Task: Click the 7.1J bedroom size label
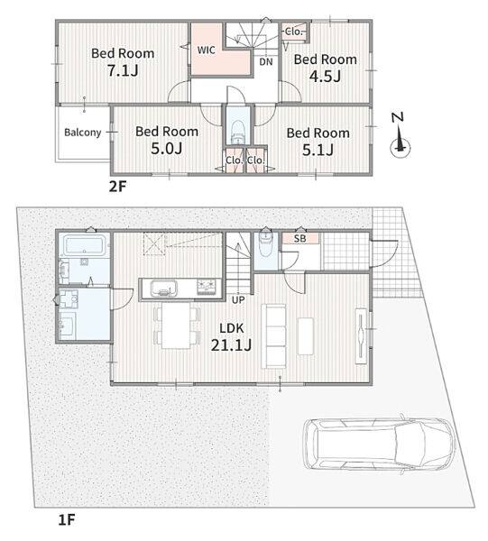[123, 70]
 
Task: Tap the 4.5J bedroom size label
[325, 77]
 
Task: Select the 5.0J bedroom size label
[167, 149]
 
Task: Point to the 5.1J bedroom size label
[318, 150]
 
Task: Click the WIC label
[207, 50]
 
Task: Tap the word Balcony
[83, 133]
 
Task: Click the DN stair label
[266, 62]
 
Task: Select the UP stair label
[238, 300]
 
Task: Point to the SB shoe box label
[299, 238]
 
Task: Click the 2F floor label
[117, 187]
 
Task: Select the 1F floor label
[67, 519]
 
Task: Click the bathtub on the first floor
[84, 245]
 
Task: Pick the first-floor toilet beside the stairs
[265, 244]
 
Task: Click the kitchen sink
[164, 289]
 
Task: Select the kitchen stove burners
[207, 288]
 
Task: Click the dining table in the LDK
[176, 326]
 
